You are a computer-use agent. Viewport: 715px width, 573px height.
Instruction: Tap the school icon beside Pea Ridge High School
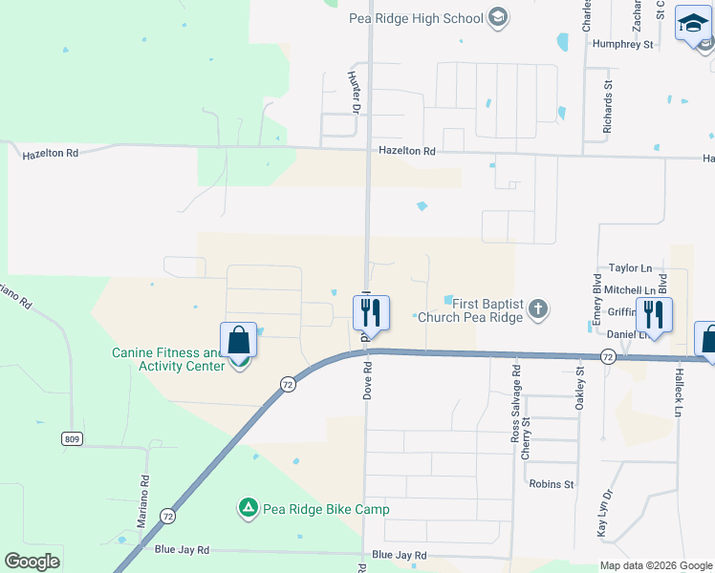[497, 16]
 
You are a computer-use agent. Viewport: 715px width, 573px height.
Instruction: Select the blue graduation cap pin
[692, 26]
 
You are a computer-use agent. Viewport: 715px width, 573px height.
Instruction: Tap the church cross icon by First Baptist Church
[538, 308]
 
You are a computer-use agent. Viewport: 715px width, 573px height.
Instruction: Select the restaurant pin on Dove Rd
[371, 313]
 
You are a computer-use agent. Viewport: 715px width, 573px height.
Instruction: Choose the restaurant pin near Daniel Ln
[654, 315]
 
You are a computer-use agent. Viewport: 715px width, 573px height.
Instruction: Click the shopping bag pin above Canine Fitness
[238, 340]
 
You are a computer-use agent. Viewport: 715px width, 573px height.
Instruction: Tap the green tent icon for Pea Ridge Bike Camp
[248, 508]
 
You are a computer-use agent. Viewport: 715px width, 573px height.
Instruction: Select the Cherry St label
[526, 437]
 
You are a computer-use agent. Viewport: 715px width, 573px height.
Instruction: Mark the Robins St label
[552, 484]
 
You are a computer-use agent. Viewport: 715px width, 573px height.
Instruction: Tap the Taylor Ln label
[629, 270]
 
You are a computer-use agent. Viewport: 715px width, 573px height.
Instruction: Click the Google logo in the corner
[32, 562]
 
